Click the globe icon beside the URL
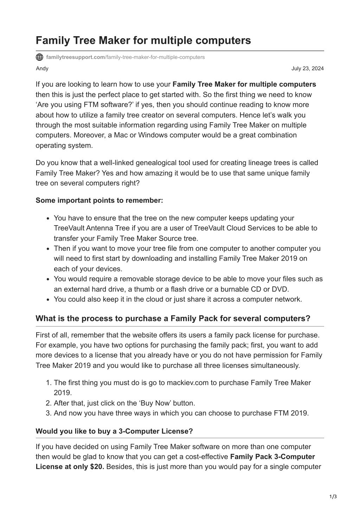point(40,57)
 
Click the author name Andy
point(42,68)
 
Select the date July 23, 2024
point(308,68)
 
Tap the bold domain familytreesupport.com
point(76,57)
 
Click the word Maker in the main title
point(114,41)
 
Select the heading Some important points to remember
point(99,200)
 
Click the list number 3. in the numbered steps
point(49,413)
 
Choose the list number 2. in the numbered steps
point(49,403)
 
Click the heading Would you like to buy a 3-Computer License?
point(114,431)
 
